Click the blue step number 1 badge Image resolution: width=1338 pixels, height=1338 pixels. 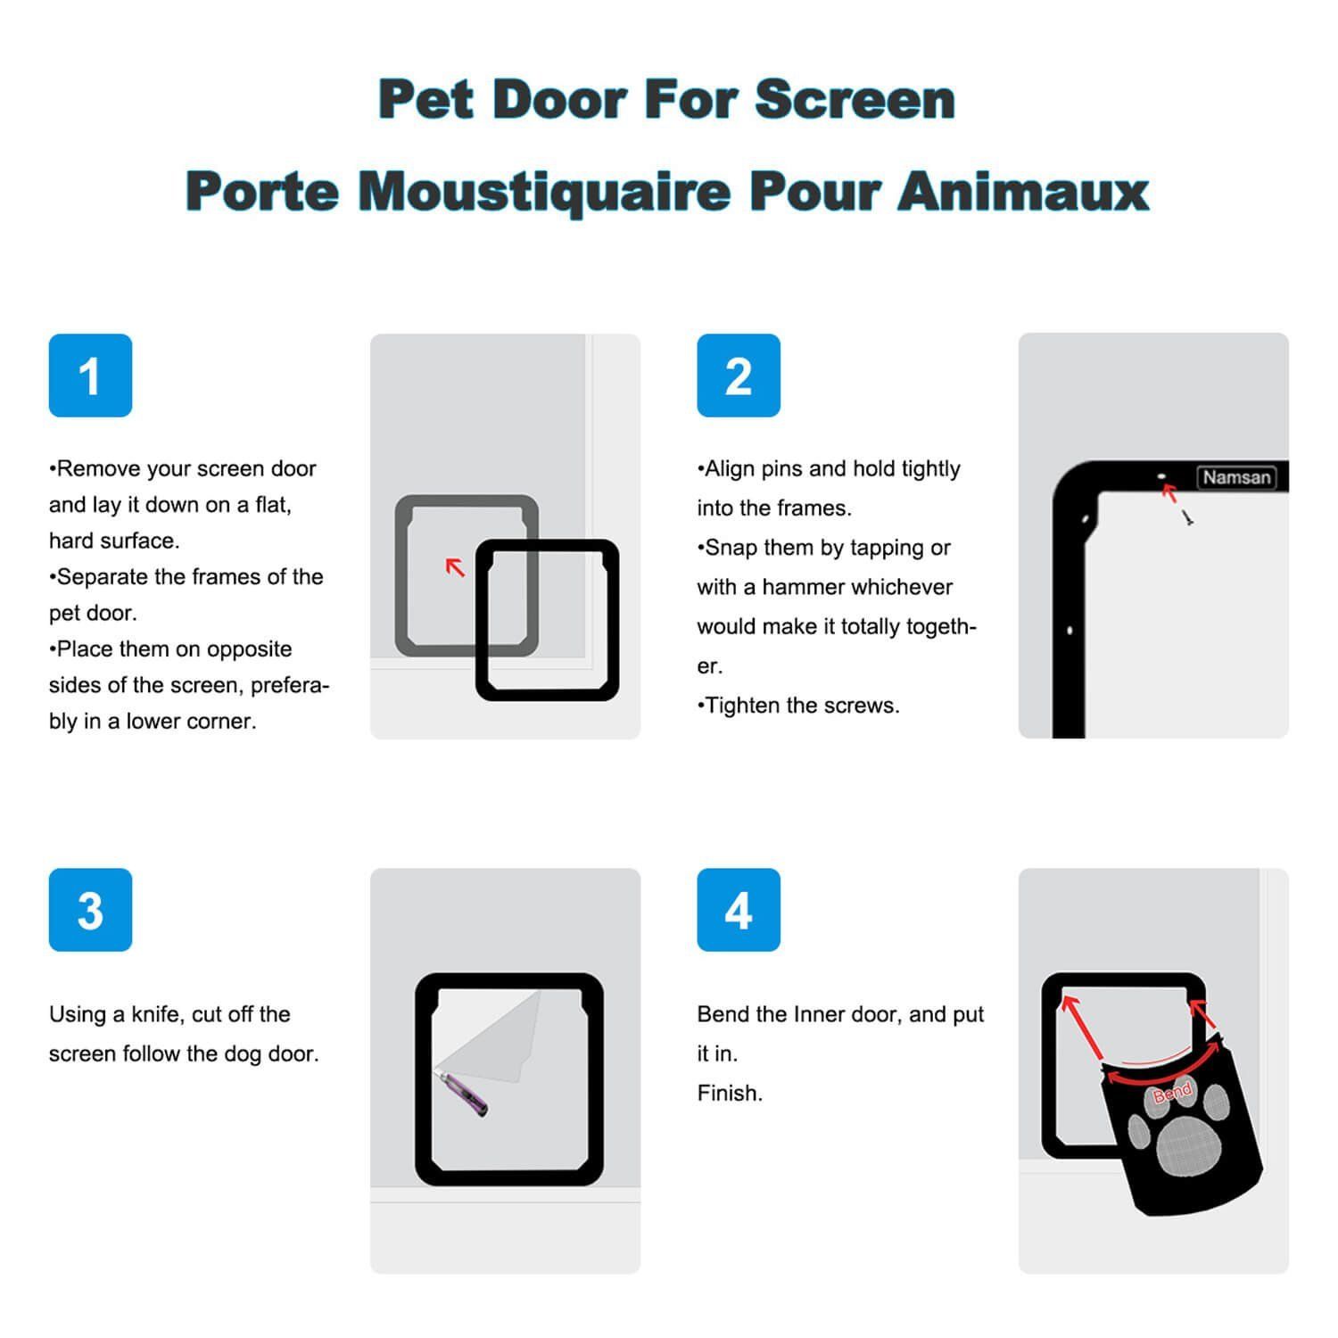90,376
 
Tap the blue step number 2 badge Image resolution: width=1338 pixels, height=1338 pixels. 739,376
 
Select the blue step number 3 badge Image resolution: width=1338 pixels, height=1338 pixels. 90,910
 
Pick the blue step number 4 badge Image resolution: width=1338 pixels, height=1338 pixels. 739,910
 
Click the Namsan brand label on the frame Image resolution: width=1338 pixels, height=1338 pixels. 1236,477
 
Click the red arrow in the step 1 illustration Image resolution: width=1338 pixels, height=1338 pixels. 455,566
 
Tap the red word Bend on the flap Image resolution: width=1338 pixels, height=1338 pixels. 1172,1093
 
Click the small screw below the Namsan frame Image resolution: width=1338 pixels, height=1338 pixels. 1188,517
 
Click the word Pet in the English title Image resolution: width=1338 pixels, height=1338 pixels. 425,99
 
